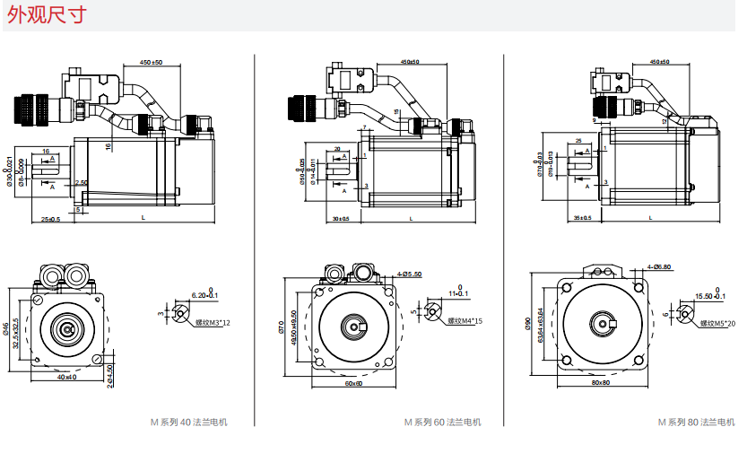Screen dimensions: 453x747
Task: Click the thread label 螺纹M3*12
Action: pyautogui.click(x=213, y=322)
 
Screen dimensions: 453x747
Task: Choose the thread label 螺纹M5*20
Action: pyautogui.click(x=717, y=323)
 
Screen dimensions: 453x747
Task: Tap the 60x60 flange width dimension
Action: pyautogui.click(x=353, y=383)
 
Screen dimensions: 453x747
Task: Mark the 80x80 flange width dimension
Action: pyautogui.click(x=601, y=383)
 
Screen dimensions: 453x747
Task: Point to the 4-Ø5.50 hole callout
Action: pyautogui.click(x=409, y=274)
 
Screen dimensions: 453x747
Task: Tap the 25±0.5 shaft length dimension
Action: pyautogui.click(x=50, y=219)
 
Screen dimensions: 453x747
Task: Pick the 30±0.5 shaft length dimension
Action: pyautogui.click(x=341, y=219)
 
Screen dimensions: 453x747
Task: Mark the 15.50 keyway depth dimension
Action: pyautogui.click(x=702, y=295)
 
